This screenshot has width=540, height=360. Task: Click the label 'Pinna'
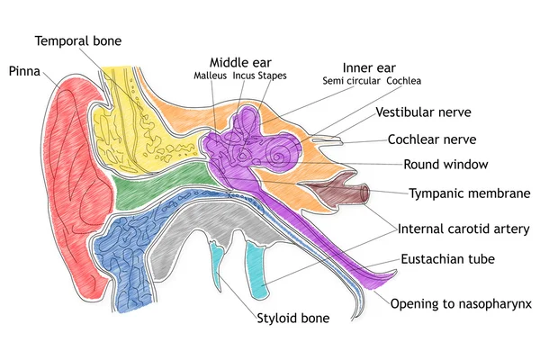[x=25, y=70]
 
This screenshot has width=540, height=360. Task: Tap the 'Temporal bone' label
[x=78, y=40]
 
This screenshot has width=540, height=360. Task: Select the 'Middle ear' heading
[x=240, y=60]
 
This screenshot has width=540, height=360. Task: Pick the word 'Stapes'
[x=273, y=76]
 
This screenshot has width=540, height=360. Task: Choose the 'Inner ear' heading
[x=370, y=67]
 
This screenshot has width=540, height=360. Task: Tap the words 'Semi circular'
[x=354, y=81]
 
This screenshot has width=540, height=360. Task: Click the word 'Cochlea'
[x=404, y=81]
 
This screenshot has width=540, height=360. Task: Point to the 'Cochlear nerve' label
[x=432, y=139]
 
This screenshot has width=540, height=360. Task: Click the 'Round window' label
[x=445, y=165]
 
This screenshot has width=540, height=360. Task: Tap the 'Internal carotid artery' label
[x=463, y=229]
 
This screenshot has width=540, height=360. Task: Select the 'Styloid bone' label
[x=292, y=318]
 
